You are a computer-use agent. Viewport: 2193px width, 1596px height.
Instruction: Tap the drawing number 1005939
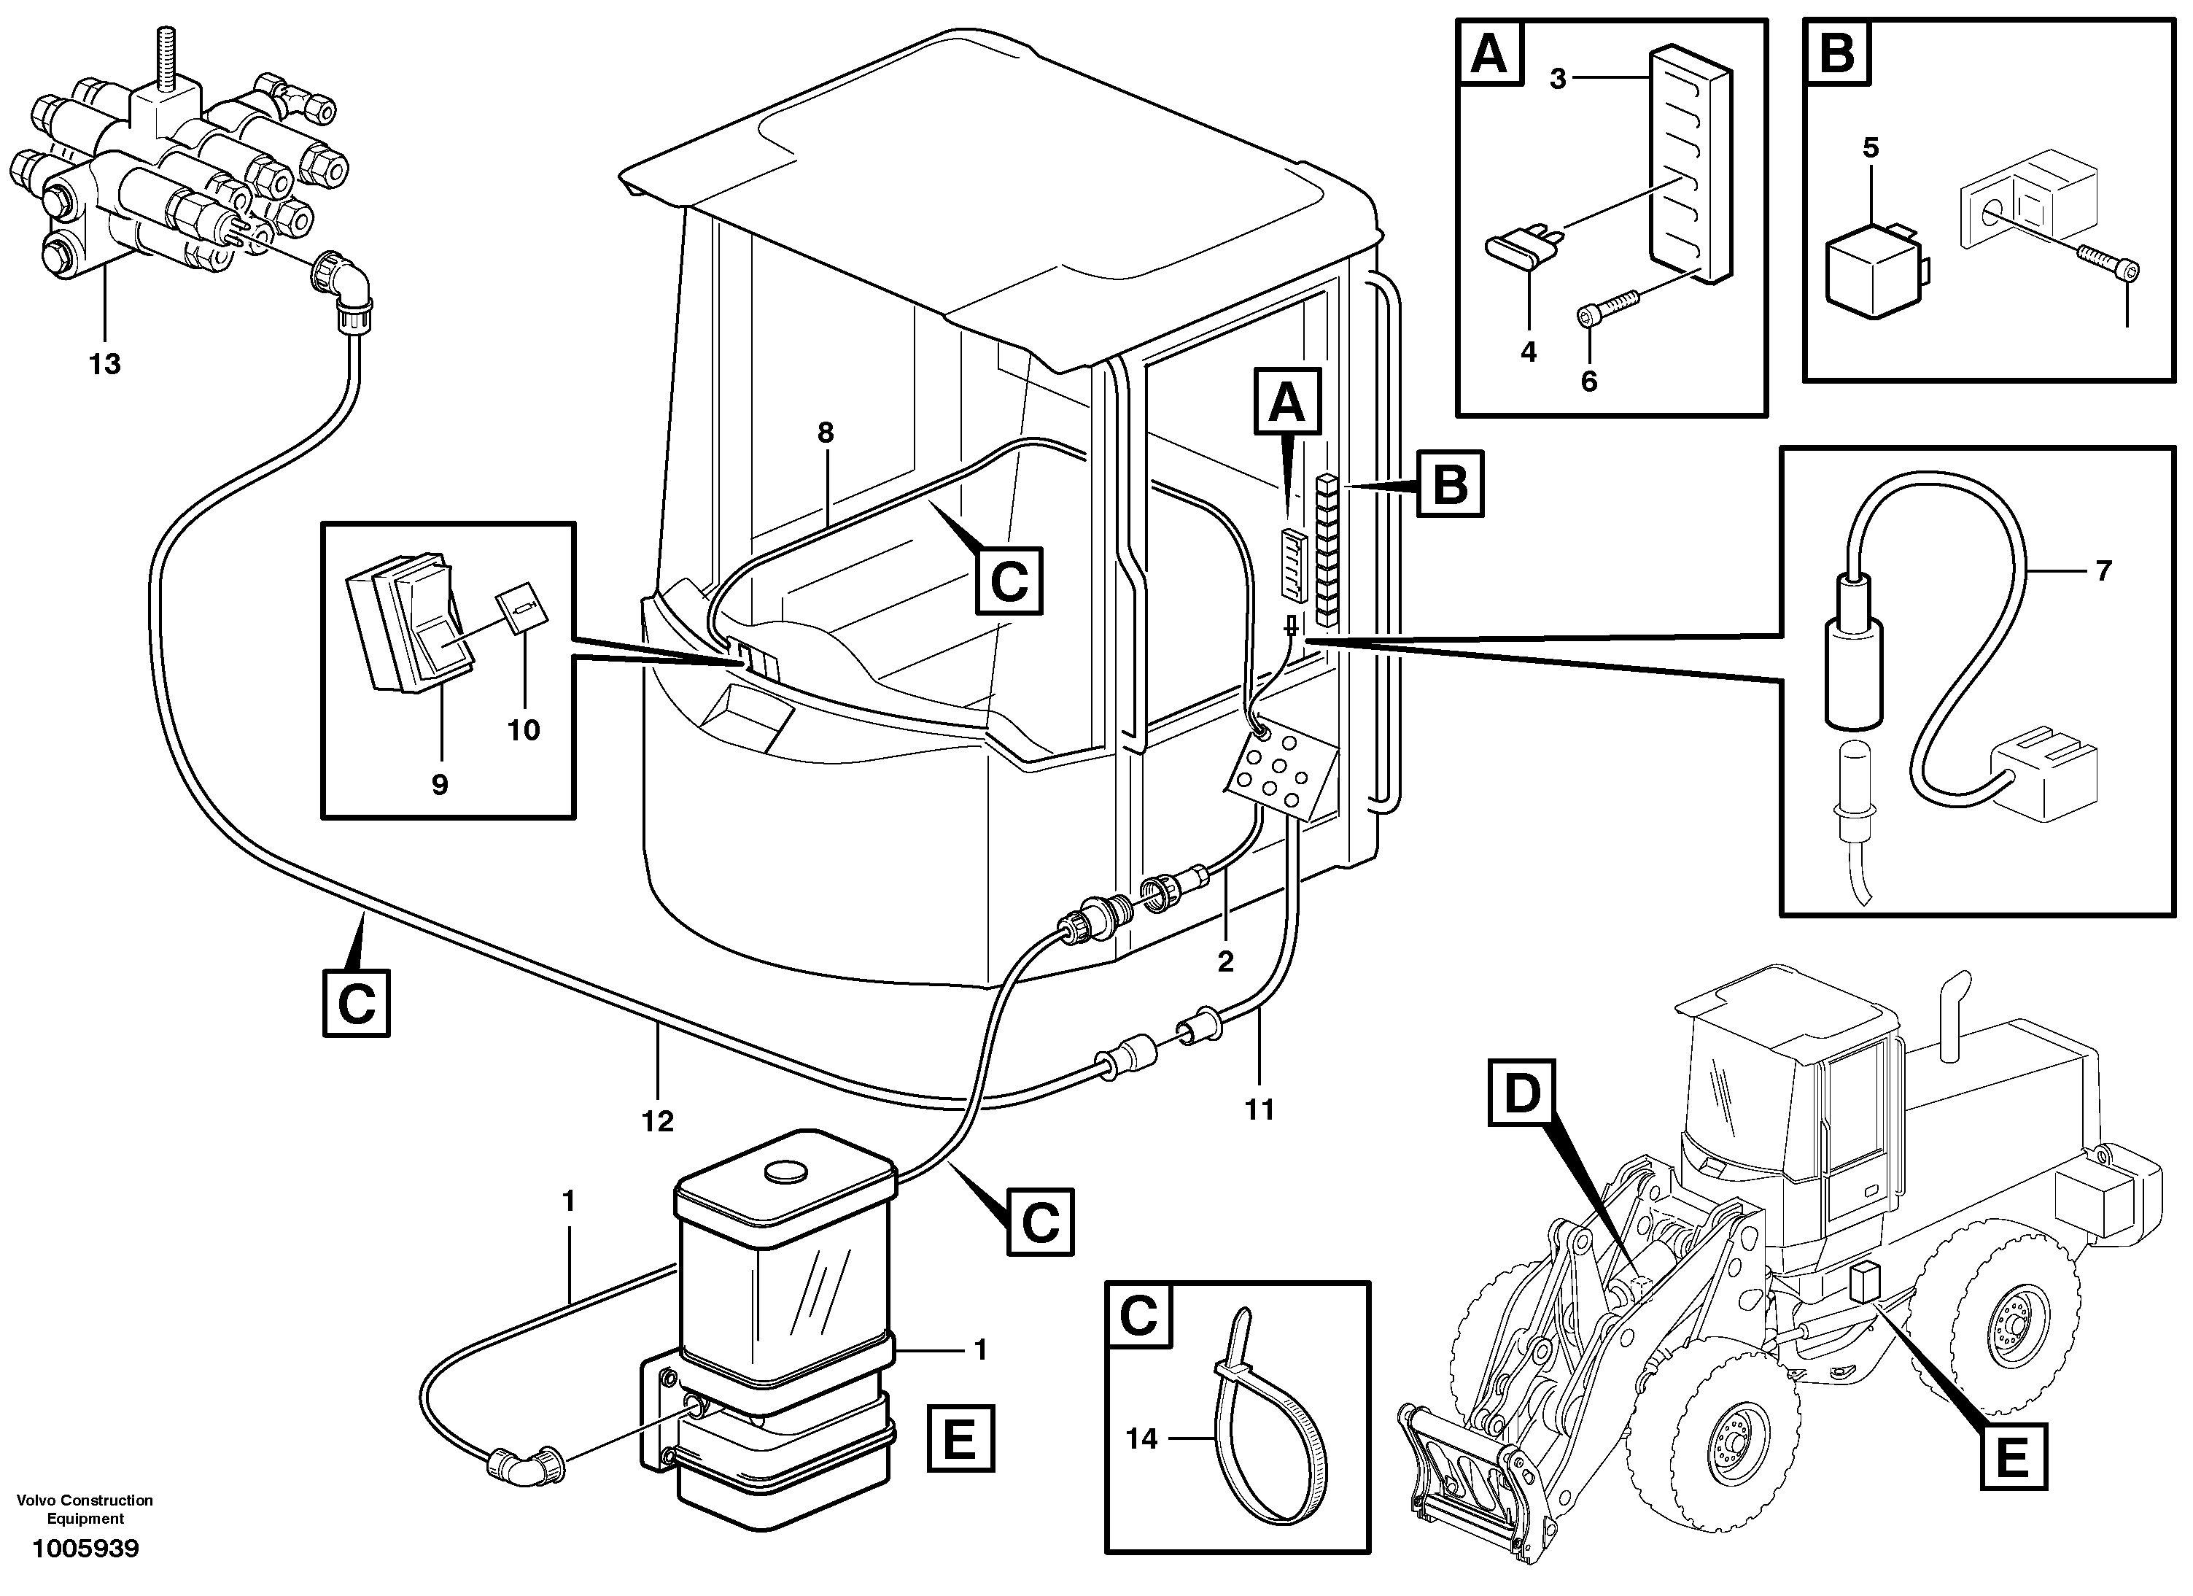click(85, 1549)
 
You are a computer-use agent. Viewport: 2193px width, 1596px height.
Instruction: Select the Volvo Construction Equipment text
click(85, 1509)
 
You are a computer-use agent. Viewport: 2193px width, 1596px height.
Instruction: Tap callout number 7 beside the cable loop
click(2104, 570)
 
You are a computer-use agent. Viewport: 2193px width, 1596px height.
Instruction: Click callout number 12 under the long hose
click(658, 1121)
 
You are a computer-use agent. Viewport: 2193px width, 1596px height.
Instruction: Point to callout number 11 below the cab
click(1259, 1109)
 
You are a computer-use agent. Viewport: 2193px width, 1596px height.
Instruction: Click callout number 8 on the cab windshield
click(825, 433)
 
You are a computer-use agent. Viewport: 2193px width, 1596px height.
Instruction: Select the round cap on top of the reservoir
click(785, 1171)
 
